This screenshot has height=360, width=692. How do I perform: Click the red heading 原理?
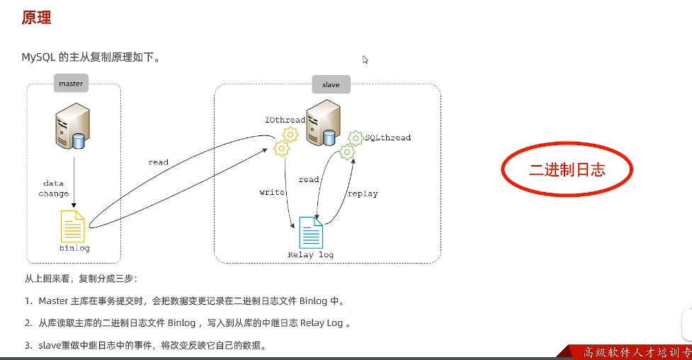[36, 18]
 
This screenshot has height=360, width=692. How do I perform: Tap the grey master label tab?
[71, 84]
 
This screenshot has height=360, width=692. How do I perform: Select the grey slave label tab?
[331, 84]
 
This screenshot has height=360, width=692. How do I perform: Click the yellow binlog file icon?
[73, 227]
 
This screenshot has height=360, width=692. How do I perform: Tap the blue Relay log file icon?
[311, 232]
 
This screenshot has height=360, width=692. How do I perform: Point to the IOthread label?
[285, 120]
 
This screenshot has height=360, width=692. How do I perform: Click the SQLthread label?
[387, 137]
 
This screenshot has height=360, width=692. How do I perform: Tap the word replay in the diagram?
[363, 193]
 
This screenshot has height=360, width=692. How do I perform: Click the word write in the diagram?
[272, 192]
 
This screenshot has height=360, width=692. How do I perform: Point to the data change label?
[54, 189]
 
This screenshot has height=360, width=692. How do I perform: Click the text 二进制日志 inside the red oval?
[567, 170]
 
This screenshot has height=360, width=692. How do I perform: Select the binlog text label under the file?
[74, 249]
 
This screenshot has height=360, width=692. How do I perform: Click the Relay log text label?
[310, 254]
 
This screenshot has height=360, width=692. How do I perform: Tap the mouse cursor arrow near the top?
[365, 60]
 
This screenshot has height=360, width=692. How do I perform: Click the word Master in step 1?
[53, 301]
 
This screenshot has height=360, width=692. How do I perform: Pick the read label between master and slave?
[158, 162]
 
